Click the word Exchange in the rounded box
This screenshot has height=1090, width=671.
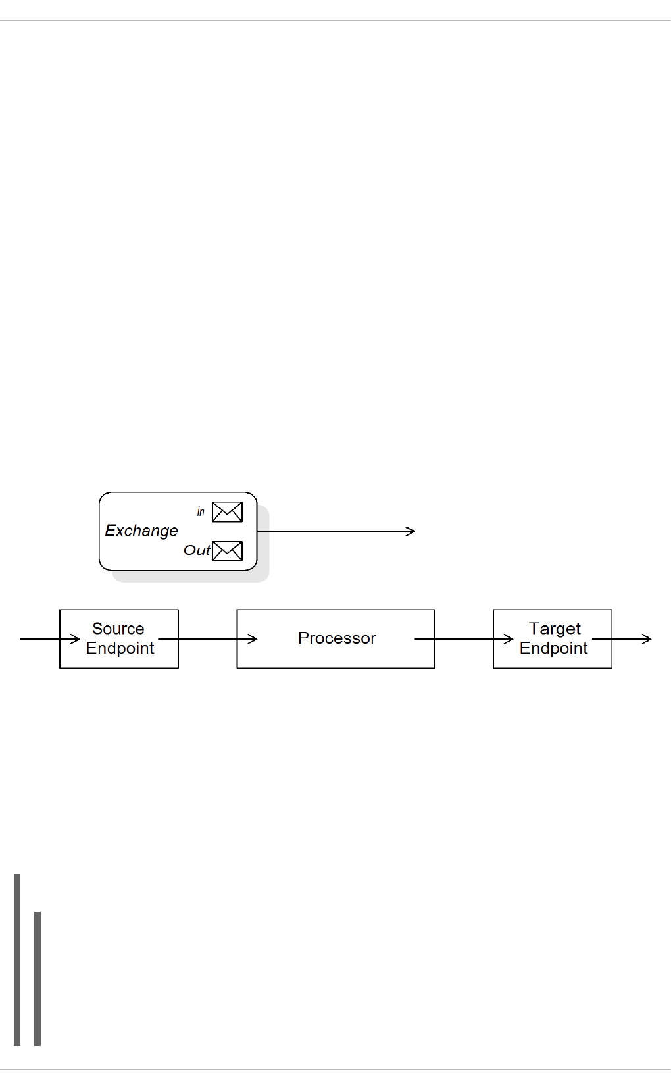(x=141, y=531)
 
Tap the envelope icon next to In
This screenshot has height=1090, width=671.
(x=227, y=511)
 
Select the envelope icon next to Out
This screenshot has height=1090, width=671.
(x=227, y=550)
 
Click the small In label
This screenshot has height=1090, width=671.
(x=201, y=511)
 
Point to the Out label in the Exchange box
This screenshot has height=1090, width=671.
(x=197, y=550)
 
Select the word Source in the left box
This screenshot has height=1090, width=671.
(x=118, y=629)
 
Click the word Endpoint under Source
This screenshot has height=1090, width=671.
(x=120, y=648)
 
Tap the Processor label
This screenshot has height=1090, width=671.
(x=337, y=638)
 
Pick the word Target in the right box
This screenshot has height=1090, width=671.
(x=555, y=629)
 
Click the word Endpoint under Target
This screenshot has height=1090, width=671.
(x=553, y=648)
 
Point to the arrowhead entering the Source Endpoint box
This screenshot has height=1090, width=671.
(x=76, y=639)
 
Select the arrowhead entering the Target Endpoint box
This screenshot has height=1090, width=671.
(x=509, y=639)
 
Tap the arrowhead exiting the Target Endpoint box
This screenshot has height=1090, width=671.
(x=647, y=639)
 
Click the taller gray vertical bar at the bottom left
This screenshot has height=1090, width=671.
(x=17, y=959)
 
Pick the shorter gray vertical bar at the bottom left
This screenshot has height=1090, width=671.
(x=37, y=978)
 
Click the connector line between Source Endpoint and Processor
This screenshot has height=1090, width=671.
(x=207, y=639)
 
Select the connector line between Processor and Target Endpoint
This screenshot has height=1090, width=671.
(x=464, y=639)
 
